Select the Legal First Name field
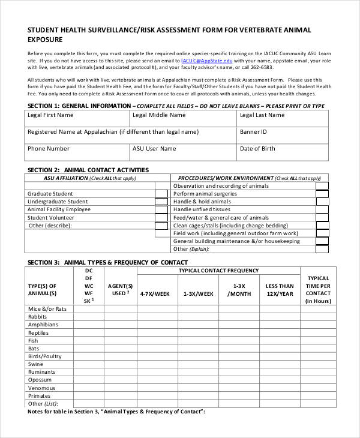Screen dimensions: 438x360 77,118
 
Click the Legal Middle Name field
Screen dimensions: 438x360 182,118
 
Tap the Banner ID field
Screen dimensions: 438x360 282,135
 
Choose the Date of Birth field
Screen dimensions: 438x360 282,152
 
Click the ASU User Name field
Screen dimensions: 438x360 182,152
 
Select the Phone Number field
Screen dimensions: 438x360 77,152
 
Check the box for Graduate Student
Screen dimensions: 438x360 161,194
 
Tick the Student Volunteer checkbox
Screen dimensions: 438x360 161,217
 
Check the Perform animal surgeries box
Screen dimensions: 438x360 322,194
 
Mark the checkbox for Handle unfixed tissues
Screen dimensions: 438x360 322,209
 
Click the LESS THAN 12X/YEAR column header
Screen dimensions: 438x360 280,290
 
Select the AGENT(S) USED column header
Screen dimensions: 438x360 120,290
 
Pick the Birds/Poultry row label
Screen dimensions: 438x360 44,356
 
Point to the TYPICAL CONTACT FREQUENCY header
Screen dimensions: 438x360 218,271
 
